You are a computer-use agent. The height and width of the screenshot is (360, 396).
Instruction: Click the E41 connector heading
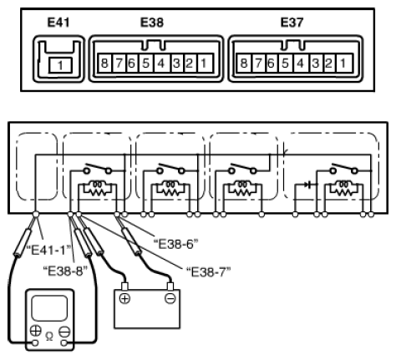[x=58, y=23]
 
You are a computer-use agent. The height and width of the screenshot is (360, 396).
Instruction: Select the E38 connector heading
[x=152, y=23]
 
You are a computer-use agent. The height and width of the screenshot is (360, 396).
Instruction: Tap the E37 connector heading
[x=292, y=23]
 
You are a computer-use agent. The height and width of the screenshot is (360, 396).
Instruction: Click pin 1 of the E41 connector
[x=60, y=66]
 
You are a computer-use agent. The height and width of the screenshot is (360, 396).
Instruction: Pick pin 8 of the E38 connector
[x=104, y=63]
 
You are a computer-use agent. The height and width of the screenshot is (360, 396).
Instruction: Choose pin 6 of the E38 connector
[x=131, y=63]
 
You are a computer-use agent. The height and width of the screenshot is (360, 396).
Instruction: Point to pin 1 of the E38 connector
[x=205, y=63]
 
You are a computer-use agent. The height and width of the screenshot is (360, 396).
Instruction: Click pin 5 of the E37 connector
[x=285, y=63]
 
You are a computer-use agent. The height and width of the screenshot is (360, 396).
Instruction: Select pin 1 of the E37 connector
[x=344, y=63]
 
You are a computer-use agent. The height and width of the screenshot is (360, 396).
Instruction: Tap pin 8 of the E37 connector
[x=244, y=63]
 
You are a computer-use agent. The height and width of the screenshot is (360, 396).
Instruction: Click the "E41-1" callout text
[x=48, y=250]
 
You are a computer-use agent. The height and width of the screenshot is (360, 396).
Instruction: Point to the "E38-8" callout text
[x=65, y=271]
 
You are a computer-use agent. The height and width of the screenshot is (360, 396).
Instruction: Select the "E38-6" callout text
[x=176, y=244]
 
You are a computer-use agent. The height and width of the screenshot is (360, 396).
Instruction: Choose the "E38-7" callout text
[x=209, y=271]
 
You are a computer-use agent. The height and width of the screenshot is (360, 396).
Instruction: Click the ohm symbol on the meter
[x=49, y=337]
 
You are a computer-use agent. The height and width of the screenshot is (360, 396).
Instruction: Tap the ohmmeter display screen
[x=49, y=308]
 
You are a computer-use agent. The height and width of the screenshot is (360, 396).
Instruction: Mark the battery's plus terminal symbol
[x=124, y=299]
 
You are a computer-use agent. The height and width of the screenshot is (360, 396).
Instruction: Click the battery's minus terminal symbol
[x=170, y=299]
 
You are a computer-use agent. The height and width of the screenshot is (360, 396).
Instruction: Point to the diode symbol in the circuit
[x=307, y=184]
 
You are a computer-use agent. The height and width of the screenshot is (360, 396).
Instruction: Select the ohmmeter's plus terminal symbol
[x=35, y=331]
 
